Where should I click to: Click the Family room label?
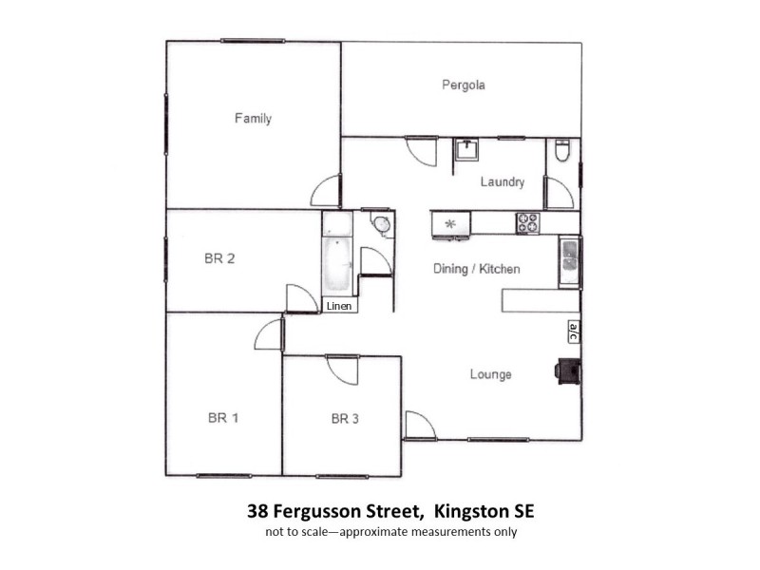(x=253, y=119)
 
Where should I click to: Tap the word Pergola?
(x=464, y=85)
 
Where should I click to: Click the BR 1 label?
(x=223, y=418)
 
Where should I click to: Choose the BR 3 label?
(x=347, y=418)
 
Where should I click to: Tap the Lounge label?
(x=490, y=374)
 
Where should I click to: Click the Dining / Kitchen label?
(x=476, y=269)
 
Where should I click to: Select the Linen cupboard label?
(x=338, y=306)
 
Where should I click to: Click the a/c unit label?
(x=573, y=331)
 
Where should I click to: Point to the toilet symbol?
(x=561, y=150)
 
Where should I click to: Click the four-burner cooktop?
(x=527, y=222)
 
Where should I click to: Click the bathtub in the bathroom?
(x=337, y=267)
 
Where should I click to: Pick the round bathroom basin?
(x=380, y=224)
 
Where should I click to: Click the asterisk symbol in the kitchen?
(x=451, y=224)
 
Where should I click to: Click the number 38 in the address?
(x=256, y=511)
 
